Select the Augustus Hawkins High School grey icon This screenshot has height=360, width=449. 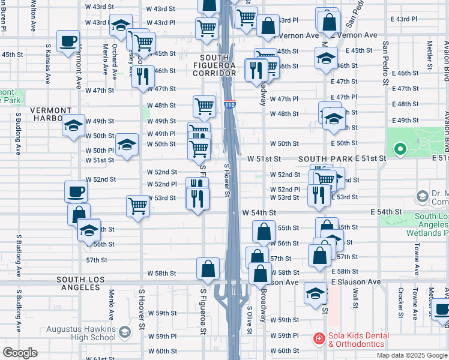click(x=125, y=331)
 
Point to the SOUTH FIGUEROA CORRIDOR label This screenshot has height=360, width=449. click(x=214, y=64)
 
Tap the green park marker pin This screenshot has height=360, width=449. click(x=399, y=149)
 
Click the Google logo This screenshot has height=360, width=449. click(x=20, y=353)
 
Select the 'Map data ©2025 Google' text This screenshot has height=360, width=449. click(x=411, y=355)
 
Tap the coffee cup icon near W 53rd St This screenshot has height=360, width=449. click(x=76, y=192)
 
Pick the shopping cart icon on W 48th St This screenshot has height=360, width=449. click(x=204, y=106)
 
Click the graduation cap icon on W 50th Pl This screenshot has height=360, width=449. click(x=126, y=145)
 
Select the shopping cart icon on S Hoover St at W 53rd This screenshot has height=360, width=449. click(x=138, y=206)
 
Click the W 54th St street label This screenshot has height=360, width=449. click(x=259, y=212)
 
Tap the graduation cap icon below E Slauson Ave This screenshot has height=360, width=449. click(x=315, y=293)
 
